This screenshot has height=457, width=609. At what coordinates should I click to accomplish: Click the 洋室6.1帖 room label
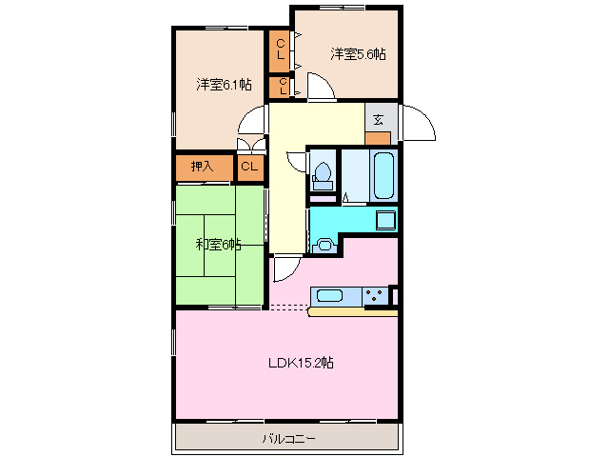[225, 85]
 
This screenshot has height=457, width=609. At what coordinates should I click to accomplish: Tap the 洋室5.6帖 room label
[359, 54]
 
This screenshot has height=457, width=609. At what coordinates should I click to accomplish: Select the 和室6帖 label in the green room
[219, 245]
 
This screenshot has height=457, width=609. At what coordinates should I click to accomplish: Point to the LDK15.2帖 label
[300, 362]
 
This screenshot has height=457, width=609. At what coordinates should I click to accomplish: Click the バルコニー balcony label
[287, 439]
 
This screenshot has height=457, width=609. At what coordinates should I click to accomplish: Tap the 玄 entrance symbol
[378, 120]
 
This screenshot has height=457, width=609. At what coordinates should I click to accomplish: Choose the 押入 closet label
[202, 168]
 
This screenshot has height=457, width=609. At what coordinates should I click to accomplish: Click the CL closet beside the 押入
[249, 168]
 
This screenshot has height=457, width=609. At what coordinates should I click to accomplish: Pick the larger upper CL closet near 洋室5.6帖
[281, 50]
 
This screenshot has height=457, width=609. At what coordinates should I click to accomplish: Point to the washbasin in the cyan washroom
[324, 245]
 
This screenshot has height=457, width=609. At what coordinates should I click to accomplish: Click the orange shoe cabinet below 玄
[378, 137]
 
